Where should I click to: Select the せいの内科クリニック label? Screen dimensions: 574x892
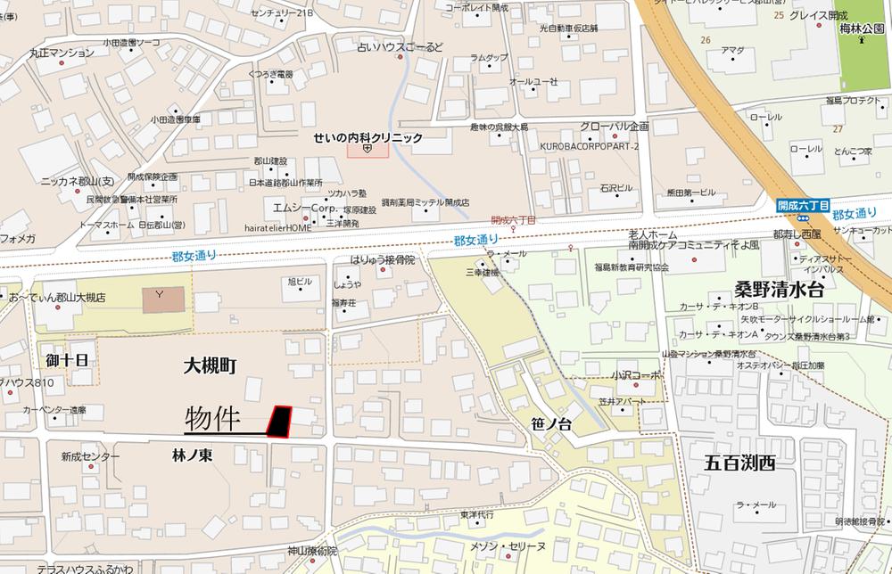368,138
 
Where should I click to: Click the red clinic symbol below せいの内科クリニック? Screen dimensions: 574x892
368,150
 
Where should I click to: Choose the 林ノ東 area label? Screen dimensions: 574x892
192,455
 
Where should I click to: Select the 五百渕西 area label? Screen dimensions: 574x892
740,463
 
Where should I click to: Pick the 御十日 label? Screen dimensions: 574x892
69,359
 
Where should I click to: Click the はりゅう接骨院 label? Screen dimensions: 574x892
382,259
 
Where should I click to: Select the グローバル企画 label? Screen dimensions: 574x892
614,127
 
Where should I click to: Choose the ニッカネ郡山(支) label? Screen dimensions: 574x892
78,180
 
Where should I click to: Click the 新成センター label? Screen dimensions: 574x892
90,456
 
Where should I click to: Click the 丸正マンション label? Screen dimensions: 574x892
62,53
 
